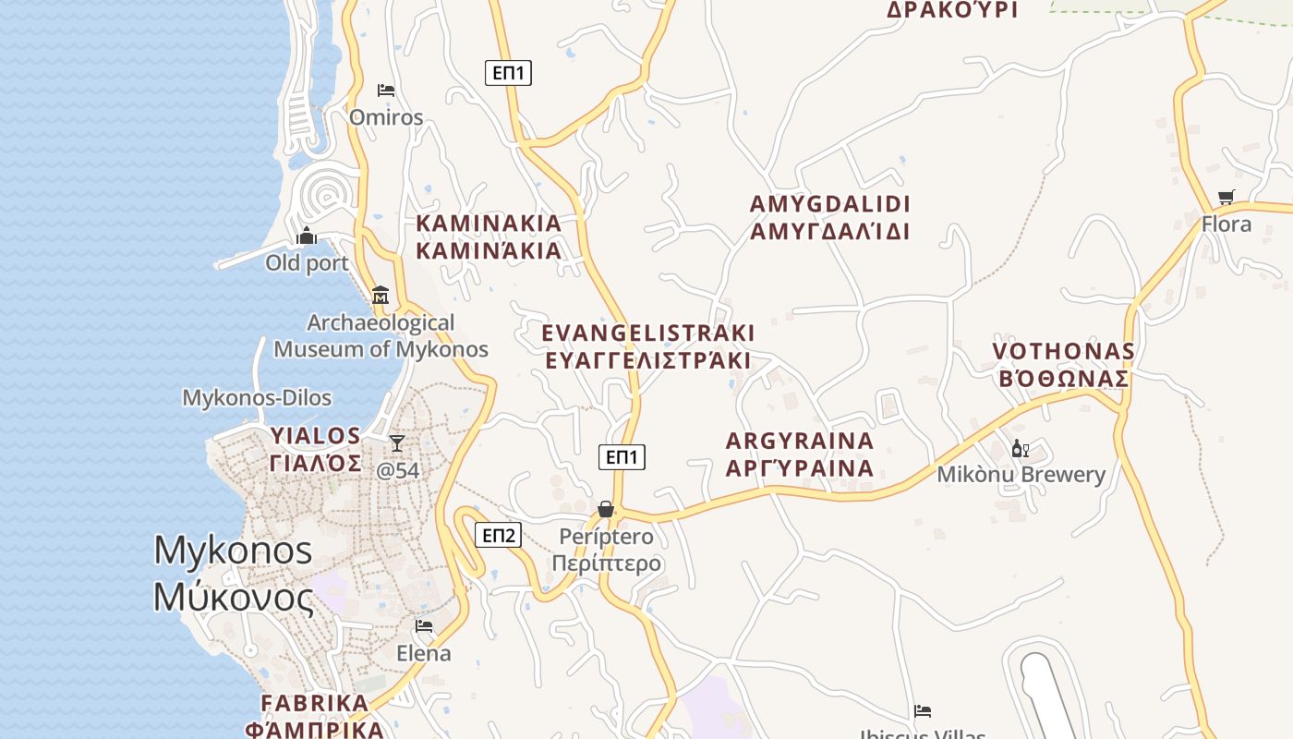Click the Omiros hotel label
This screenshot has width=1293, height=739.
point(386,117)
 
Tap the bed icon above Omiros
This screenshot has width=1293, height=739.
point(386,90)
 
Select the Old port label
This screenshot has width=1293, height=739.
point(308,263)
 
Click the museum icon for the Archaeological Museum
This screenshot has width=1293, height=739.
point(380,296)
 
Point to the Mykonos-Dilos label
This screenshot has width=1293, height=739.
point(257,398)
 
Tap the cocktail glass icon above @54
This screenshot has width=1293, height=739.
point(397,443)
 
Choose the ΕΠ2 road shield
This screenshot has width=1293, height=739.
point(498,535)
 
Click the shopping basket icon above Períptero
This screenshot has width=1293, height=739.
point(606,509)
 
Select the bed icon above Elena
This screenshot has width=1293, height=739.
point(424,626)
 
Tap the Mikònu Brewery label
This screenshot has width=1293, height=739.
point(1021,475)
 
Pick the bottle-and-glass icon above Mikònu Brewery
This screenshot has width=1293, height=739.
point(1021,449)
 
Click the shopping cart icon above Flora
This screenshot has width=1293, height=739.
point(1227,197)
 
